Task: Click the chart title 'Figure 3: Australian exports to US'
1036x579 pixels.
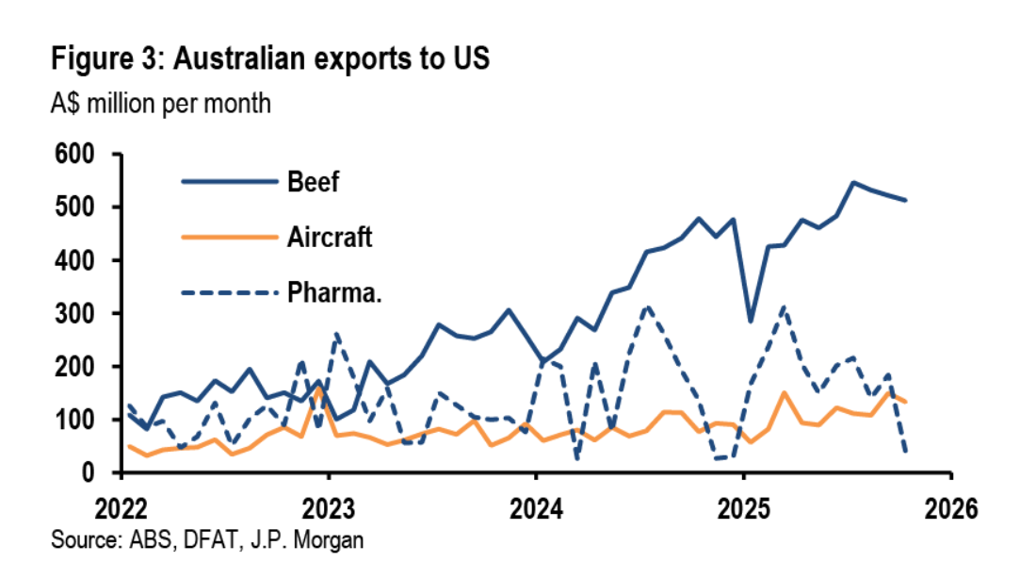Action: click(270, 58)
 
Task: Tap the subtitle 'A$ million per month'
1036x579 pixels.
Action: click(161, 103)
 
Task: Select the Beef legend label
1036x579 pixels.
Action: click(313, 182)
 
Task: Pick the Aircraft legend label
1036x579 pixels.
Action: click(330, 238)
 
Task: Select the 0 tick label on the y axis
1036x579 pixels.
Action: click(95, 472)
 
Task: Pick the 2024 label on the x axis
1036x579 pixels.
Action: click(535, 510)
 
